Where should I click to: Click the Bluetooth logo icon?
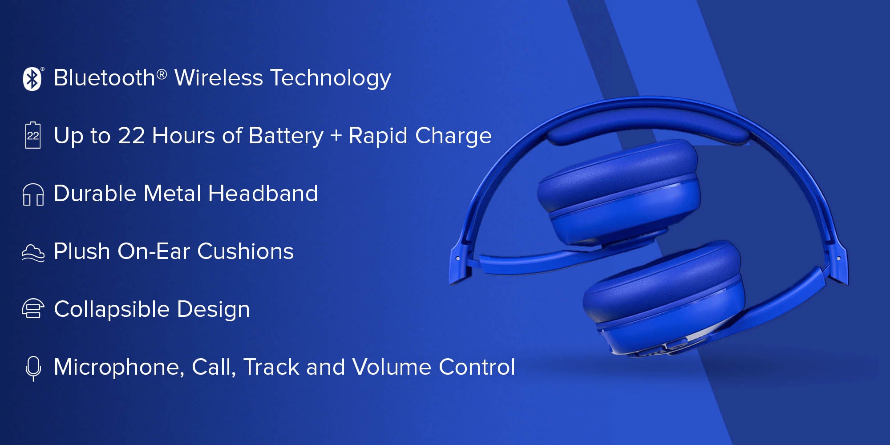pyautogui.click(x=32, y=79)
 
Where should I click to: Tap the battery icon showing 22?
pyautogui.click(x=33, y=135)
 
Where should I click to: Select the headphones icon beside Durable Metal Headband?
pyautogui.click(x=33, y=194)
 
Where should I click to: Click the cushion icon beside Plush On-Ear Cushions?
pyautogui.click(x=33, y=253)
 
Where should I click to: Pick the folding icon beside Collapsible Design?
pyautogui.click(x=33, y=309)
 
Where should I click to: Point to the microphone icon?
pyautogui.click(x=33, y=368)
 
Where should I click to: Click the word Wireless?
pyautogui.click(x=218, y=78)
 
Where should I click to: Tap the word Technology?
pyautogui.click(x=331, y=79)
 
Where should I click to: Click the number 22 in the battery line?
pyautogui.click(x=131, y=136)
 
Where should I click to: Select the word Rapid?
pyautogui.click(x=378, y=136)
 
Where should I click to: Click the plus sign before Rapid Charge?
pyautogui.click(x=336, y=136)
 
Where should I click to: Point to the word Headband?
pyautogui.click(x=263, y=194)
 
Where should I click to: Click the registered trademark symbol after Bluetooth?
pyautogui.click(x=162, y=74)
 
